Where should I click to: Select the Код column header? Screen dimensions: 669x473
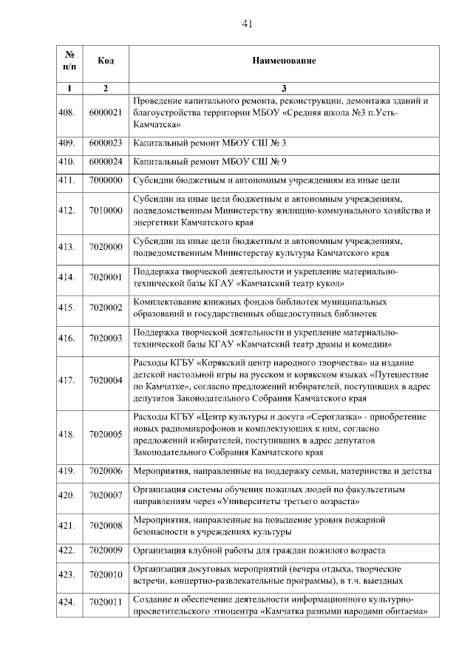click(105, 60)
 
